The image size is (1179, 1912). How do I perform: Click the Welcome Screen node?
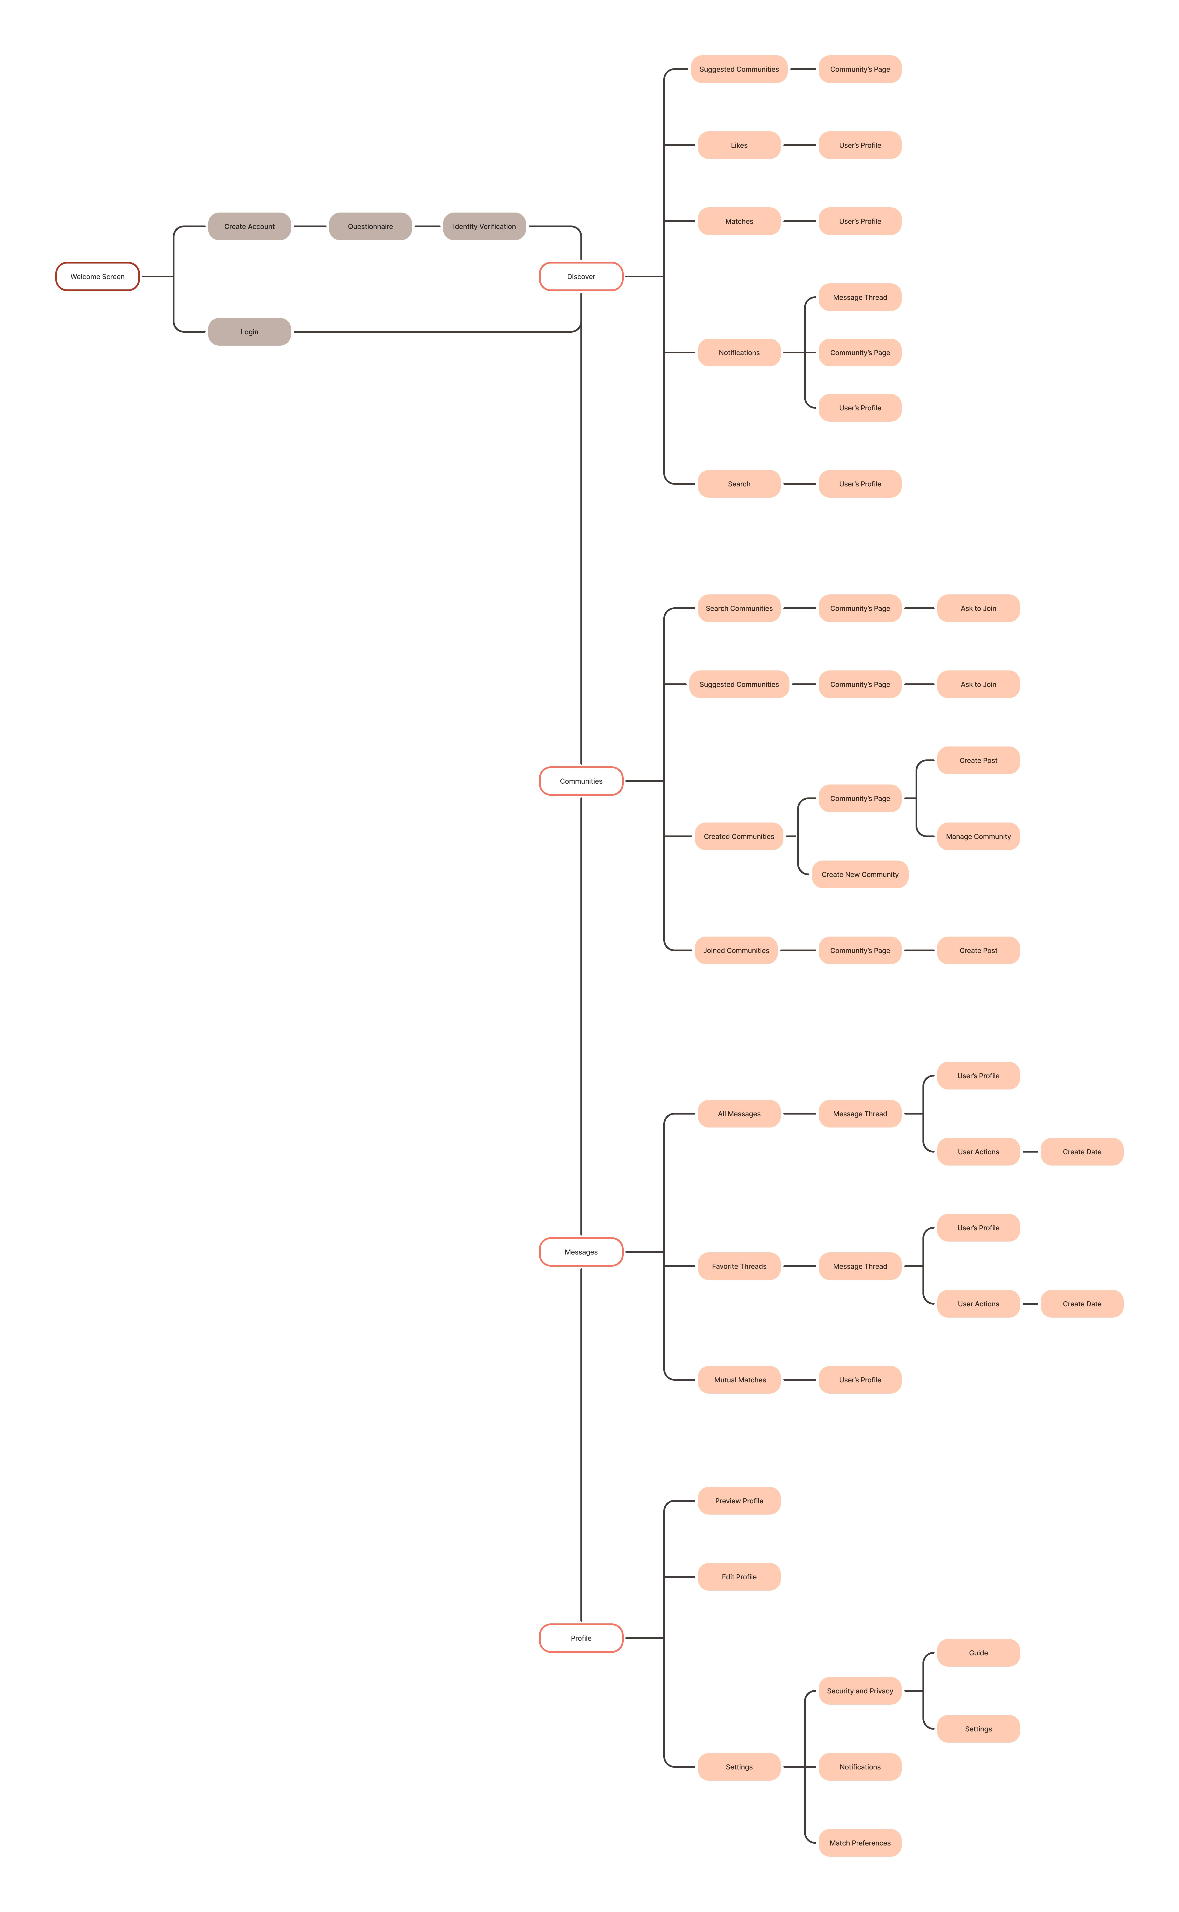(97, 277)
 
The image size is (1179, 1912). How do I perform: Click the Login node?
(250, 332)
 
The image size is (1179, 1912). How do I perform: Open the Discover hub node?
(581, 277)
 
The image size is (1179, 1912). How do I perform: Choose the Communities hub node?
(581, 781)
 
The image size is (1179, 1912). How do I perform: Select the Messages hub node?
(581, 1252)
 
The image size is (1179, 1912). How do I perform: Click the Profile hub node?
(581, 1638)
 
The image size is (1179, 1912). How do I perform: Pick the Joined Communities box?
(736, 951)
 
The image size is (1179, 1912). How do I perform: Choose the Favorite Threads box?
(739, 1266)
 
